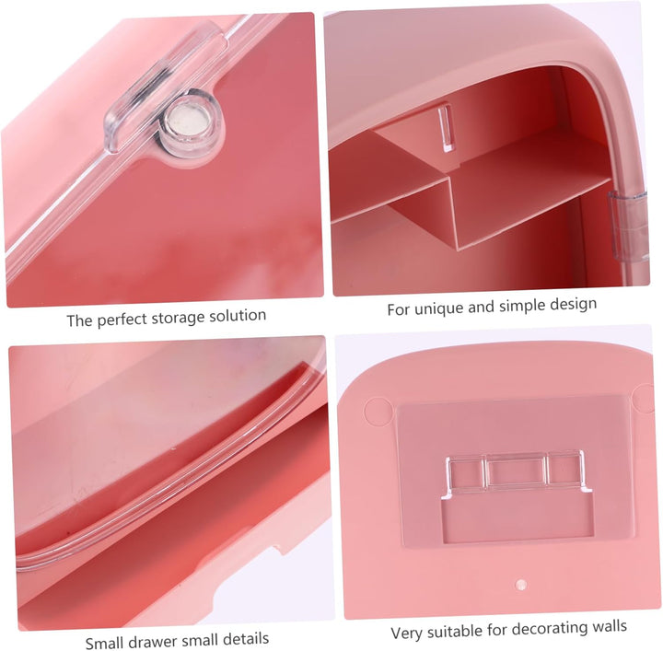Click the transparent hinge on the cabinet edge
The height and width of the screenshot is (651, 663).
tap(627, 227)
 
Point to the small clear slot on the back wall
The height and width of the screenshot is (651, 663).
tap(444, 128)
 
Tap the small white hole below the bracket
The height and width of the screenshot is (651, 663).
tap(521, 585)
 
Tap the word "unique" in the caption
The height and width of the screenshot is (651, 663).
tap(439, 308)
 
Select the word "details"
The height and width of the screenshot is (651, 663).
tap(246, 638)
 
